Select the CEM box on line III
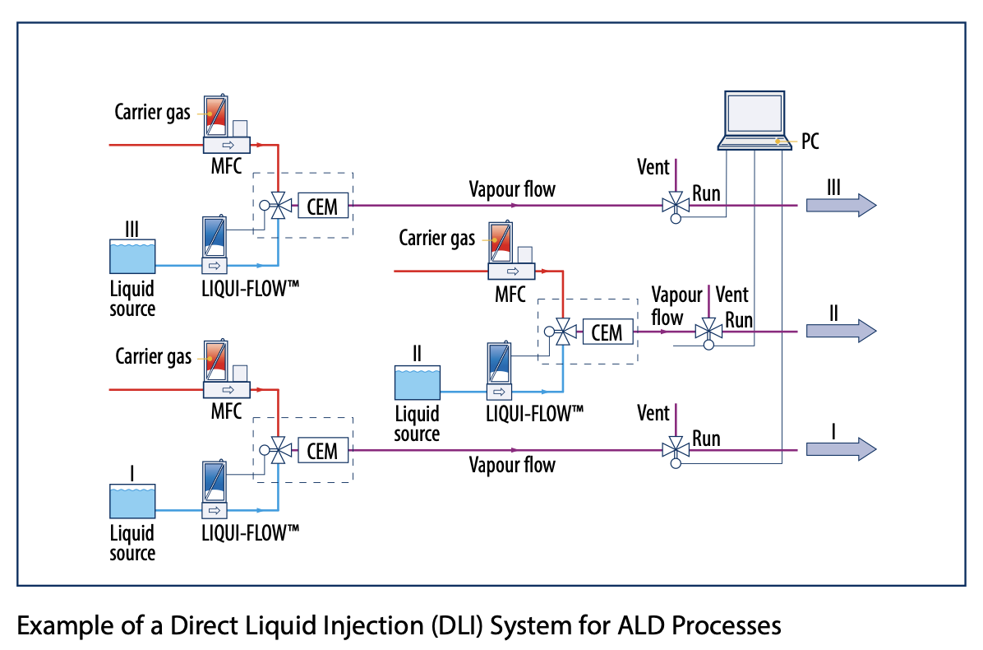(x=322, y=206)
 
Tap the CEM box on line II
(x=607, y=332)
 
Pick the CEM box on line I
(x=322, y=450)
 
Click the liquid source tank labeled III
(x=132, y=257)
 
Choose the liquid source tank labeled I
(x=132, y=501)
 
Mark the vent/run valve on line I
(x=676, y=449)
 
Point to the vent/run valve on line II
(x=707, y=332)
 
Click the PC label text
(x=809, y=142)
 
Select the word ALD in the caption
(x=639, y=626)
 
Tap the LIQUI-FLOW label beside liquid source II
(x=534, y=413)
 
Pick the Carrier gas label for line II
(x=436, y=239)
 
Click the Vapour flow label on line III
(x=512, y=190)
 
